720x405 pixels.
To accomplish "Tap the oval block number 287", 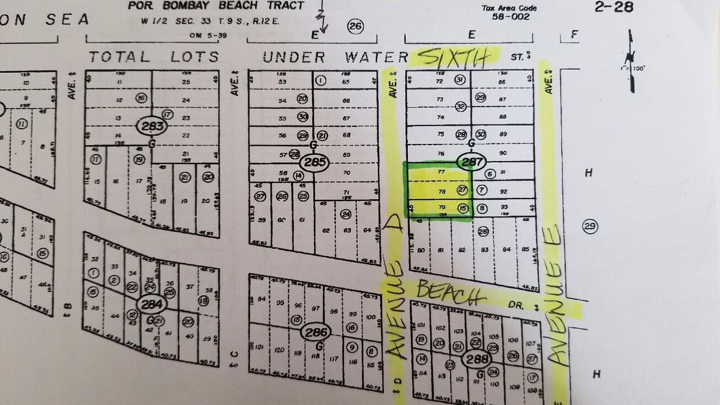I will point(472,162).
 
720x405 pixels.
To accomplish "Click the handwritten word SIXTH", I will point(455,57).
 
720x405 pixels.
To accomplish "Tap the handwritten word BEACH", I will point(448,292).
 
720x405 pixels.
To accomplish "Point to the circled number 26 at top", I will point(356,26).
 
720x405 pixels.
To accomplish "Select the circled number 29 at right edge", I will point(590,226).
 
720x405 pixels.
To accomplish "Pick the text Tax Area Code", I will point(509,8).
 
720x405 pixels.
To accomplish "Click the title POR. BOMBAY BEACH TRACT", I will point(216,6).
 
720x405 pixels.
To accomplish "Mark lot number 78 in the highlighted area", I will point(441,191).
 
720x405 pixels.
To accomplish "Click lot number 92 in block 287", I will point(502,191).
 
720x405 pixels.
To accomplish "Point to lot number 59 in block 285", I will point(261,220).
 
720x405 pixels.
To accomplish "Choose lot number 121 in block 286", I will point(261,349).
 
